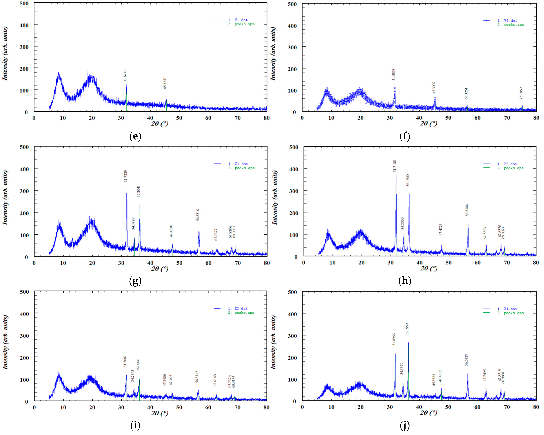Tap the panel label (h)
(405, 280)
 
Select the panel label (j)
(405, 426)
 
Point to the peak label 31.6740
(125, 75)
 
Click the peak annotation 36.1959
(407, 329)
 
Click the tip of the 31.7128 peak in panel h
(396, 176)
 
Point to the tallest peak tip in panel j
(408, 342)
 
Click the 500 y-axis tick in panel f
(292, 4)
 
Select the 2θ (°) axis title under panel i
(159, 413)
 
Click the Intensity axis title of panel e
(5, 53)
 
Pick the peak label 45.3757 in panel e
(165, 83)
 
